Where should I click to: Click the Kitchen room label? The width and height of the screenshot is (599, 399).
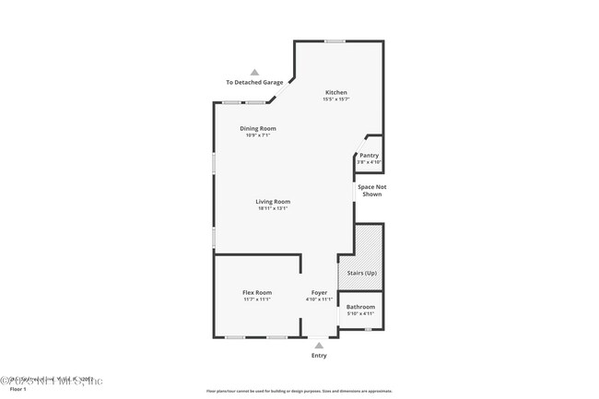tap(335, 92)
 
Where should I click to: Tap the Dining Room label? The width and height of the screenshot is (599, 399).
tap(257, 128)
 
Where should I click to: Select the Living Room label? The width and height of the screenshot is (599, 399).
tap(273, 201)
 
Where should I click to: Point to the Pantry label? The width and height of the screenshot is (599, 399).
tap(369, 155)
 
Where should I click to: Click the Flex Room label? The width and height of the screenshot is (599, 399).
tap(257, 292)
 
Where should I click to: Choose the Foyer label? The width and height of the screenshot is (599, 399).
tap(319, 292)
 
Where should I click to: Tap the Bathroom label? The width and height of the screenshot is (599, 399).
tap(360, 306)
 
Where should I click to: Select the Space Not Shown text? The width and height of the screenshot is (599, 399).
tap(371, 190)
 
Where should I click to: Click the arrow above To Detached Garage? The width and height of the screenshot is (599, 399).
tap(255, 72)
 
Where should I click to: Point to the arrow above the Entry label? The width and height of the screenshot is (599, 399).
tap(319, 345)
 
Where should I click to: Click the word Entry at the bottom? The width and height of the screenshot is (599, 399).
tap(319, 355)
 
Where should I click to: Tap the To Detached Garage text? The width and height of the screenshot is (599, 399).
tap(254, 82)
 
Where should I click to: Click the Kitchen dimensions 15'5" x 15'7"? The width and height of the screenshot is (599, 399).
tap(335, 100)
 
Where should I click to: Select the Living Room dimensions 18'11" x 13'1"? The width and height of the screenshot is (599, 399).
tap(273, 208)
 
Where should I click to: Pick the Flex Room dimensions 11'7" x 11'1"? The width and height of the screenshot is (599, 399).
tap(257, 299)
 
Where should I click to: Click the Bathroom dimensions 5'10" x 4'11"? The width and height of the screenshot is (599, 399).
tap(360, 313)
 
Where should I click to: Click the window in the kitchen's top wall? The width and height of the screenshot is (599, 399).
tap(335, 41)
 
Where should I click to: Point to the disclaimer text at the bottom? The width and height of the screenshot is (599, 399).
tap(299, 391)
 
